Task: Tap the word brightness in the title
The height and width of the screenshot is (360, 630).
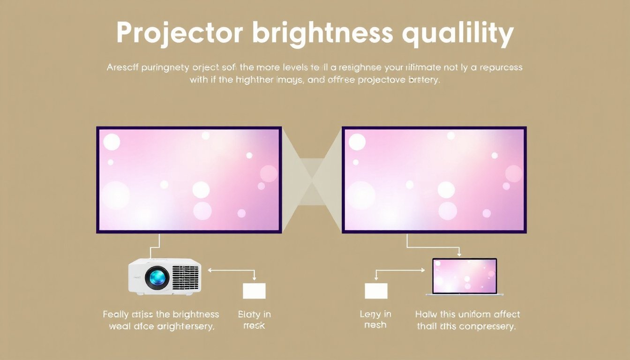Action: coord(322,33)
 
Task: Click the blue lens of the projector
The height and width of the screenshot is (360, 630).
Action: coord(157,278)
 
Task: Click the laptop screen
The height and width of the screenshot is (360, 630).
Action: coord(464,276)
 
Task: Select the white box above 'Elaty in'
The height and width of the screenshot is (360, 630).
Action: coord(254,291)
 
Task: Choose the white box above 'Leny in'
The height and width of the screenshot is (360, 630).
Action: coord(376,291)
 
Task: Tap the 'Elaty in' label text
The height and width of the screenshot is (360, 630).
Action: coord(254,314)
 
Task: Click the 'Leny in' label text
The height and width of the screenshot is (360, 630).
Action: coord(375,314)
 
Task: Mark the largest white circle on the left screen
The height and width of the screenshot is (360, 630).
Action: coord(115,195)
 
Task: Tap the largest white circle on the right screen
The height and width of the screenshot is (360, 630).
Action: coord(360,195)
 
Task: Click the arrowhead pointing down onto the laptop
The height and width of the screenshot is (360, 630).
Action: coord(459,255)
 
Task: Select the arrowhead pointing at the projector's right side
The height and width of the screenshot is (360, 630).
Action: coord(209,270)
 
